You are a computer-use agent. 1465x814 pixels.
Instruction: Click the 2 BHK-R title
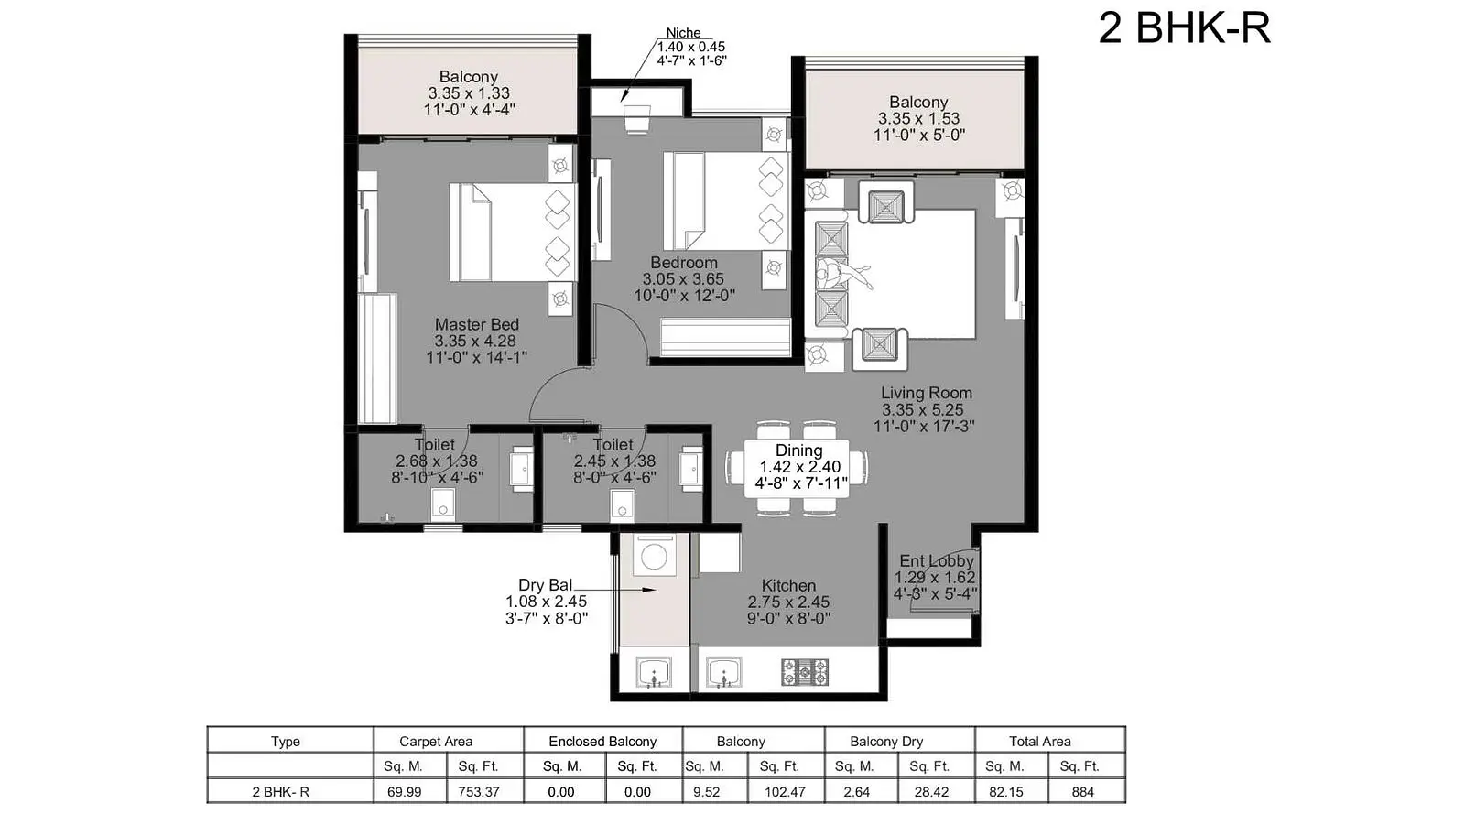pyautogui.click(x=1185, y=28)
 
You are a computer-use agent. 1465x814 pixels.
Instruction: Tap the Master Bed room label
pyautogui.click(x=477, y=324)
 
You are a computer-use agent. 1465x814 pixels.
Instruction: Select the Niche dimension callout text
pyautogui.click(x=691, y=47)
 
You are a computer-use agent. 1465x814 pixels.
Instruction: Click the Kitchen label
pyautogui.click(x=788, y=585)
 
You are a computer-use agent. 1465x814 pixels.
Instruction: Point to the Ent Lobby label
pyautogui.click(x=937, y=561)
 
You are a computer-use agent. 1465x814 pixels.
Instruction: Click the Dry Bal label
pyautogui.click(x=546, y=585)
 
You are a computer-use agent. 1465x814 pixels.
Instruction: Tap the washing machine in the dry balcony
pyautogui.click(x=654, y=556)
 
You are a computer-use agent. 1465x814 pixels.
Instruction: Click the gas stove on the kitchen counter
pyautogui.click(x=805, y=672)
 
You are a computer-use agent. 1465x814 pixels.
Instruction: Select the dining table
pyautogui.click(x=797, y=468)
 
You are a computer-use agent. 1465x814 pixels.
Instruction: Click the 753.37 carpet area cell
pyautogui.click(x=479, y=792)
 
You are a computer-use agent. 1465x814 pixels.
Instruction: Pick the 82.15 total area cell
pyautogui.click(x=1006, y=792)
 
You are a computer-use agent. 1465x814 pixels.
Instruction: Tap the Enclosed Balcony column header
pyautogui.click(x=602, y=742)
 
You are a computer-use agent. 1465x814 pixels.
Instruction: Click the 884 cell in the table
pyautogui.click(x=1083, y=792)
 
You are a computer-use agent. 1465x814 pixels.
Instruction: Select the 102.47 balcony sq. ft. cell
pyautogui.click(x=785, y=792)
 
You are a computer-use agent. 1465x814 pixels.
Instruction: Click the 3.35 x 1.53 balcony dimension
pyautogui.click(x=919, y=118)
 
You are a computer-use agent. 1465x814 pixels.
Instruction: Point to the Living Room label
pyautogui.click(x=926, y=393)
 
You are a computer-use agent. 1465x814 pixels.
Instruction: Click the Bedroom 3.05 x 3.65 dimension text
pyautogui.click(x=683, y=279)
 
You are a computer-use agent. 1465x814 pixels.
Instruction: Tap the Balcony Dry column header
pyautogui.click(x=886, y=742)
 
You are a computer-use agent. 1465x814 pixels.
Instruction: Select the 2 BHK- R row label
pyautogui.click(x=280, y=792)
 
